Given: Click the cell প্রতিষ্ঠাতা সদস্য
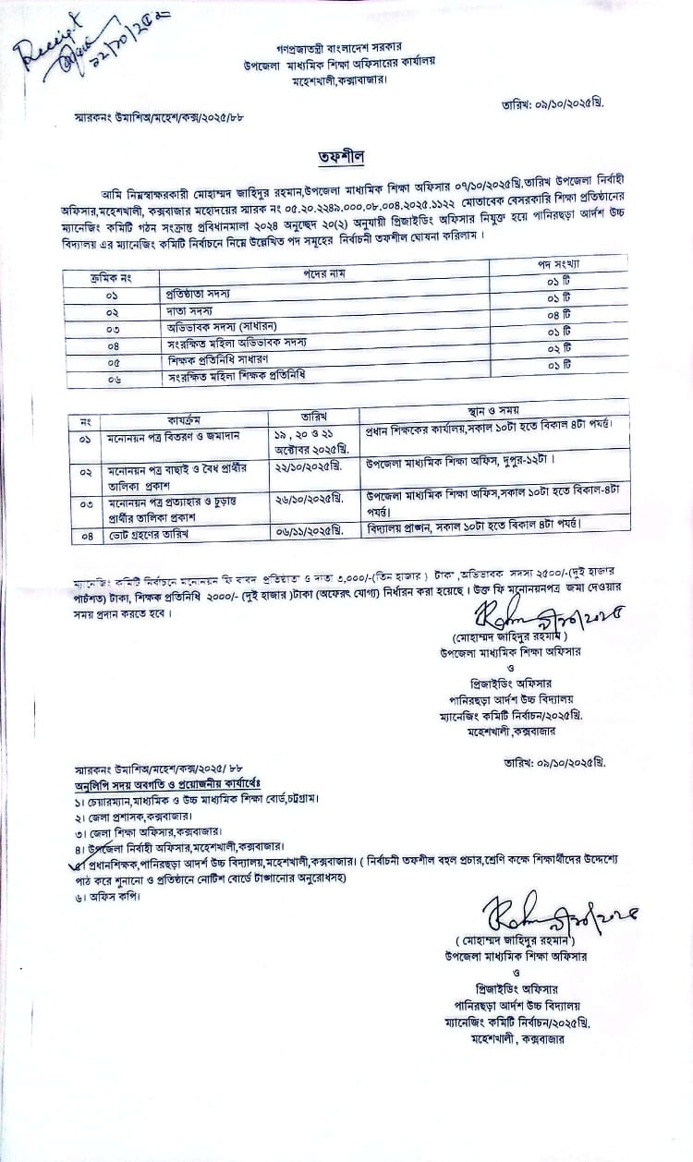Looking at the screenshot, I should coord(203,292).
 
